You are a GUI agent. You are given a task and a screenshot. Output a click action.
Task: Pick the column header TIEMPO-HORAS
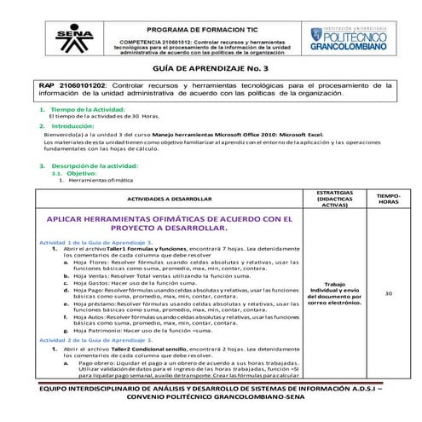click(389, 198)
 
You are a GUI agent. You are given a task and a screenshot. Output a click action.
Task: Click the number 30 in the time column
click(389, 293)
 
